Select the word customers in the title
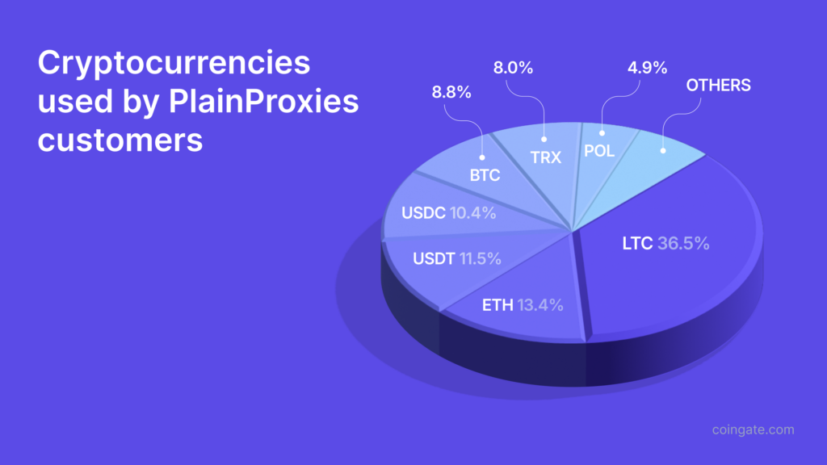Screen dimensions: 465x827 click(x=120, y=140)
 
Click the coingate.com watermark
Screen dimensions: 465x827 click(x=753, y=429)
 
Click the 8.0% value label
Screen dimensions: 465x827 click(x=513, y=69)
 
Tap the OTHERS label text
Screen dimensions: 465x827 click(x=719, y=85)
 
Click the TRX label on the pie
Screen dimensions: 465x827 click(x=545, y=157)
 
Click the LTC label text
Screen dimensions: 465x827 click(x=637, y=242)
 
